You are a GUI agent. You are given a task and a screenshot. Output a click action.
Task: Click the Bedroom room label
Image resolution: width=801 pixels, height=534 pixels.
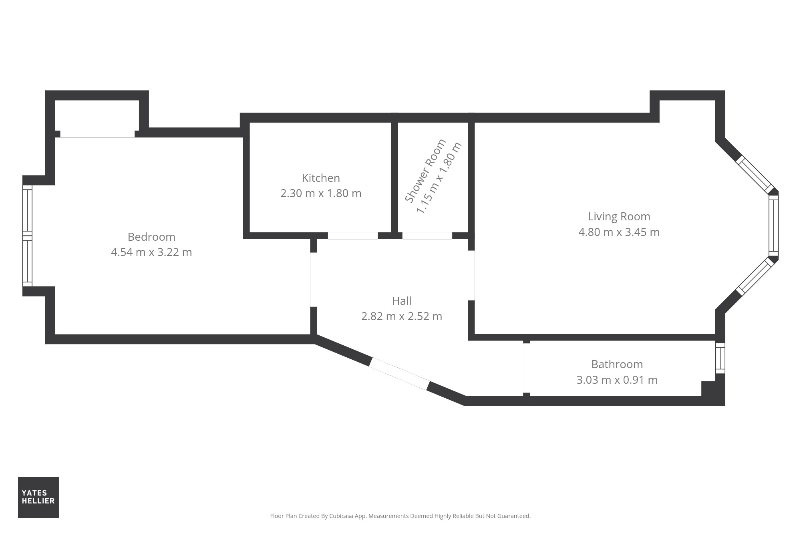pos(151,237)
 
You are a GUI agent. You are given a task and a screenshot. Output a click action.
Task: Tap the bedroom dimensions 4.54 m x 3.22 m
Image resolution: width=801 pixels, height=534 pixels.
pos(151,252)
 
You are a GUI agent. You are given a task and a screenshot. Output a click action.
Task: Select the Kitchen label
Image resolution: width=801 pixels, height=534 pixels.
pos(321,178)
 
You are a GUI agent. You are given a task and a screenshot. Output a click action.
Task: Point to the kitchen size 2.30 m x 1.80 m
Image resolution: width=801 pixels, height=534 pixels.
pos(321,193)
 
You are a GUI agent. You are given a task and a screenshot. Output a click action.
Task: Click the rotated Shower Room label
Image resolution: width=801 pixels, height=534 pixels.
pos(425,171)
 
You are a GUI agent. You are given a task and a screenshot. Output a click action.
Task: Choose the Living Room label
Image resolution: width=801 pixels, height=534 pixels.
pos(619,217)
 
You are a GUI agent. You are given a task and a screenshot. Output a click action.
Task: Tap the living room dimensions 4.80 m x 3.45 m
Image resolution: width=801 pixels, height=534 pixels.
pos(619,232)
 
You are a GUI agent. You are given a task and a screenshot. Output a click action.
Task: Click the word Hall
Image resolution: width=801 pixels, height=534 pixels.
pos(402,301)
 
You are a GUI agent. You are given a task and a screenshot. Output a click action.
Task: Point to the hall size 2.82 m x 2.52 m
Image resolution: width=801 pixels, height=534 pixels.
pos(402,316)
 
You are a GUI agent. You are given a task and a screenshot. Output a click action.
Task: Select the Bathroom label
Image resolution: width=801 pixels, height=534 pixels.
pos(617,365)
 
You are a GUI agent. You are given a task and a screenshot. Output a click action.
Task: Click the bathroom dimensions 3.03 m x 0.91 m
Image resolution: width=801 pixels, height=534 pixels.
pos(617,380)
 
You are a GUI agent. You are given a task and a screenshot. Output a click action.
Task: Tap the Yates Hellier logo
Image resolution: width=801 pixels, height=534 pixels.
pos(38,497)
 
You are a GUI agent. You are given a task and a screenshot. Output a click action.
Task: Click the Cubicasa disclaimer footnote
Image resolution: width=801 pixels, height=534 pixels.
pos(400,516)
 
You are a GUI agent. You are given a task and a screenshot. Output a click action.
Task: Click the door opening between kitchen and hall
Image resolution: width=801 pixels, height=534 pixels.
pos(353,236)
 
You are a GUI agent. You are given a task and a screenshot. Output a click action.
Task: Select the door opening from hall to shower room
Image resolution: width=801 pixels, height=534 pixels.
pos(427,236)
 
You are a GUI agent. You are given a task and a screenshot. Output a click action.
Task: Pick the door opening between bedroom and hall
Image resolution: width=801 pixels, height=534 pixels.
pos(314,280)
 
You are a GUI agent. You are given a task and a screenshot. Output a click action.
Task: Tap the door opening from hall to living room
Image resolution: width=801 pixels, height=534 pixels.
pos(471,276)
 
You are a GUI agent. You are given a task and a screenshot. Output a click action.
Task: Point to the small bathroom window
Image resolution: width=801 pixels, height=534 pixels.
pos(720,358)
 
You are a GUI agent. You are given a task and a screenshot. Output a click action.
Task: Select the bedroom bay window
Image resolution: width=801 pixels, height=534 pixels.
pos(27,236)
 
